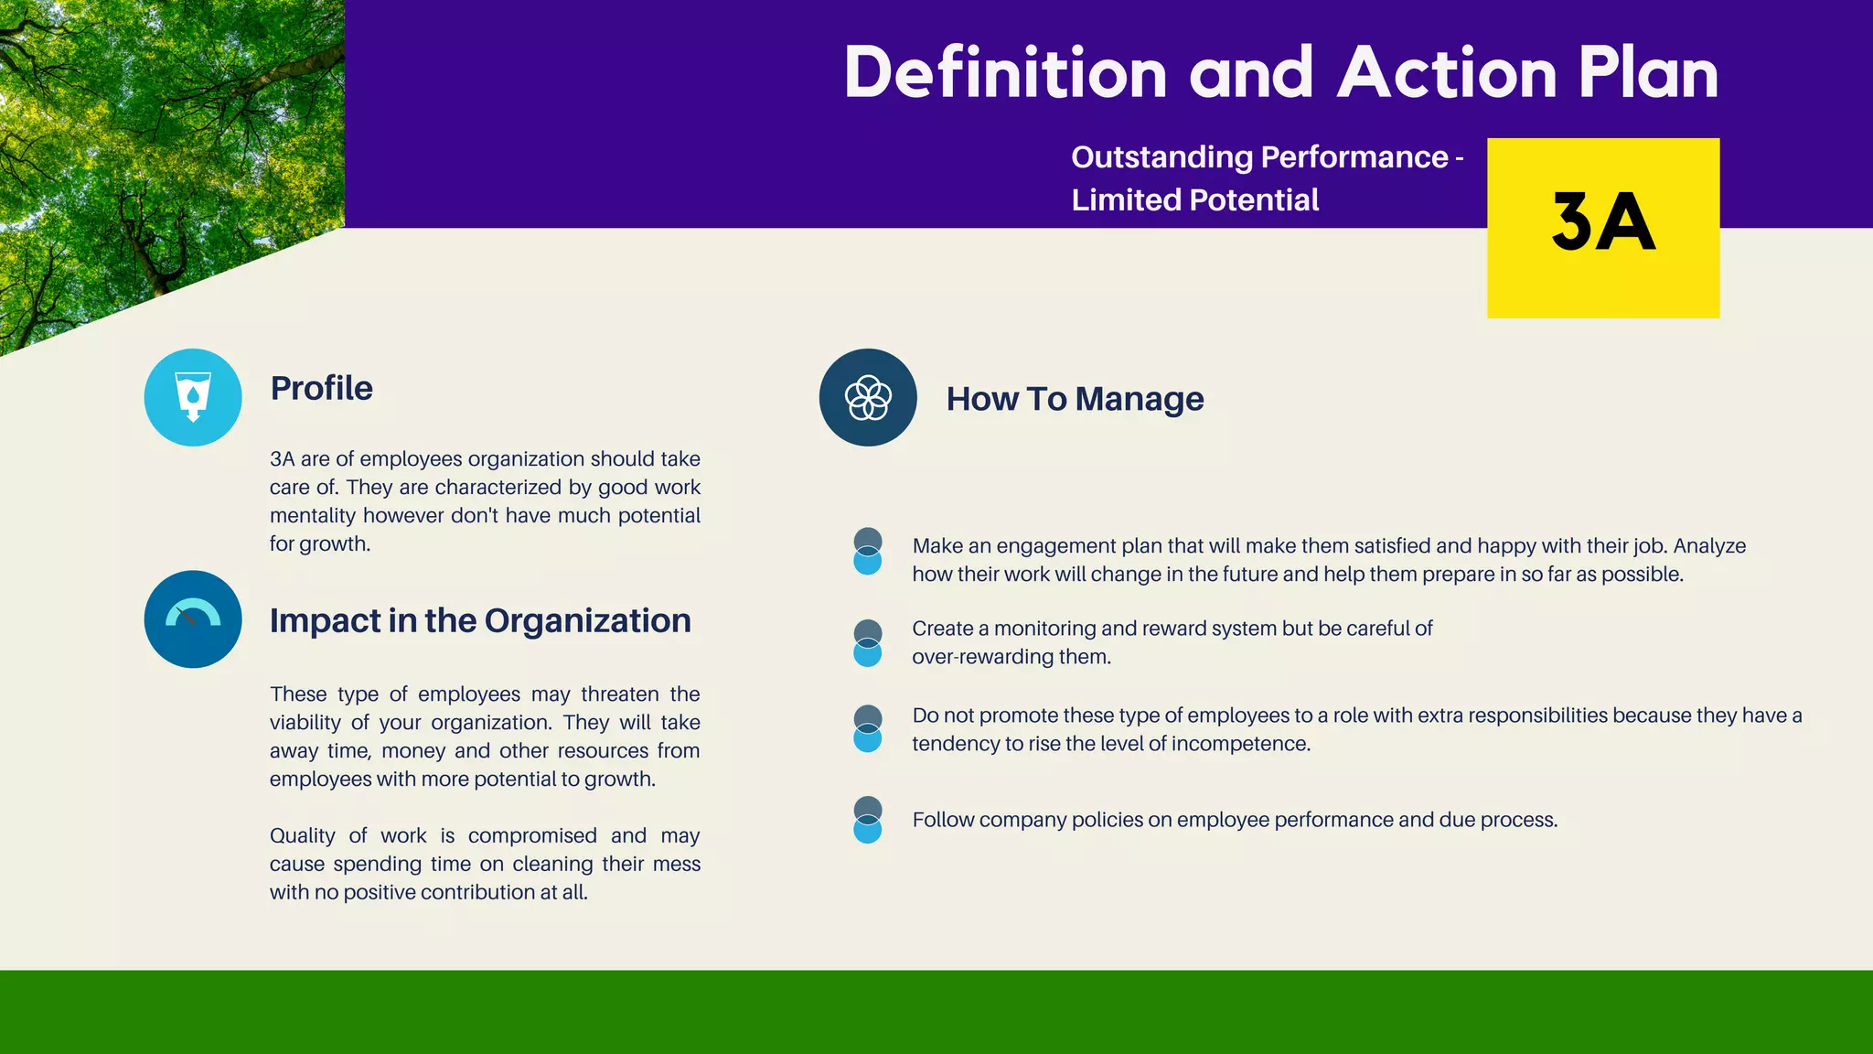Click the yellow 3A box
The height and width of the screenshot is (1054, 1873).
click(1602, 227)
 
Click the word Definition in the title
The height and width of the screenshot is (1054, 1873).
click(1005, 73)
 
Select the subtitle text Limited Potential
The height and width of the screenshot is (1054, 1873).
click(1194, 199)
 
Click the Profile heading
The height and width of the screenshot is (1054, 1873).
click(321, 388)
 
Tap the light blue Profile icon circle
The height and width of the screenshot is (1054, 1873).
click(193, 397)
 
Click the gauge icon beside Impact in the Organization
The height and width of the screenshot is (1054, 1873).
click(193, 619)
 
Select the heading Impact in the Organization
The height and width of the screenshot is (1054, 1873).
click(480, 620)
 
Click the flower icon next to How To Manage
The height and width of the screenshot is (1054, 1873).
click(868, 397)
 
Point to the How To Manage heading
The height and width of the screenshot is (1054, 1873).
click(1075, 399)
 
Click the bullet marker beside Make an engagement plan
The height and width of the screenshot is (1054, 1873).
click(867, 551)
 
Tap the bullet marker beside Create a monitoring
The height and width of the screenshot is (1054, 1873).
click(867, 642)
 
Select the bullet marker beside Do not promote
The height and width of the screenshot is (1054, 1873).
click(867, 728)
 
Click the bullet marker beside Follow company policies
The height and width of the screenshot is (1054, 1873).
click(867, 819)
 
